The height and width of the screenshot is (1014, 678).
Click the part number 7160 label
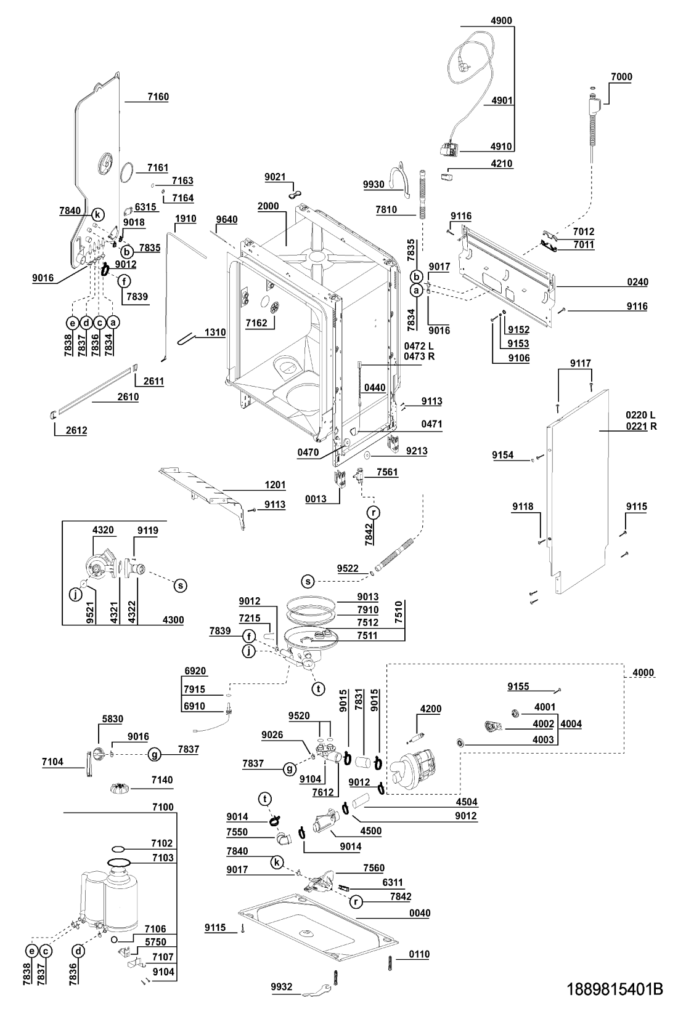coord(158,97)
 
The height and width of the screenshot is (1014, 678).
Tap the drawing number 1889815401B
coord(614,989)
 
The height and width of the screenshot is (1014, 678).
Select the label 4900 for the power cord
coord(501,20)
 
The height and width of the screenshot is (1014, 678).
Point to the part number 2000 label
coord(268,206)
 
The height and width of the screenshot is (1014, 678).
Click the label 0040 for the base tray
coord(420,913)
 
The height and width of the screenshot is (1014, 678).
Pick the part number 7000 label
coord(621,77)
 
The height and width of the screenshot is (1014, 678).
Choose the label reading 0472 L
coord(419,346)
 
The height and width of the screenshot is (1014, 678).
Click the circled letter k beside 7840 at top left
coord(97,214)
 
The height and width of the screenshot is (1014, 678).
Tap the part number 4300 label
coord(173,620)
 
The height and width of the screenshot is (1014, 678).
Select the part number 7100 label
coord(163,807)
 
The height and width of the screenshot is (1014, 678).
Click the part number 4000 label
coord(643,673)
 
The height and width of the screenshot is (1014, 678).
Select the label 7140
coord(162,780)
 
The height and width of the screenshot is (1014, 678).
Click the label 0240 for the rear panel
coord(637,282)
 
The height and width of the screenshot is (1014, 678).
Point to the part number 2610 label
coord(128,397)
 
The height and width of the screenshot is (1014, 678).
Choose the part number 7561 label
coord(388,472)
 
